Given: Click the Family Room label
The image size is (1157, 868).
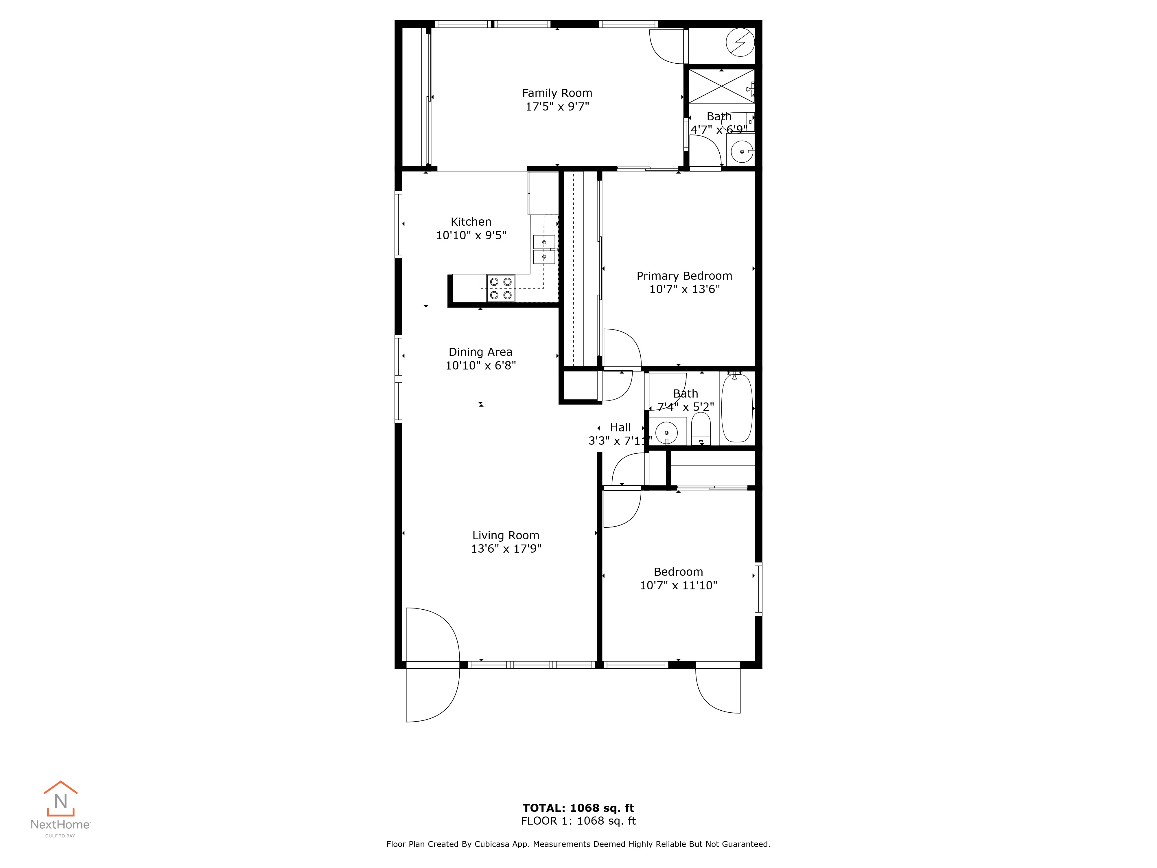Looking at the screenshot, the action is point(557,93).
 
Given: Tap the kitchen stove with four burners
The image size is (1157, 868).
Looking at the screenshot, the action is point(501,288).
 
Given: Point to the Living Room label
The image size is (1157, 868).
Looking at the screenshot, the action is point(506,535).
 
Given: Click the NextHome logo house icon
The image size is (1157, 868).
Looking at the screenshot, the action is point(61,798).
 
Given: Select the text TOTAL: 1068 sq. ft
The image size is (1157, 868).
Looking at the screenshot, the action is point(578,808).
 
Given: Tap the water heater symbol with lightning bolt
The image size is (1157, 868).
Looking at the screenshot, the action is point(740,42).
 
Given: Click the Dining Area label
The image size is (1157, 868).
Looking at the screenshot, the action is point(481,352).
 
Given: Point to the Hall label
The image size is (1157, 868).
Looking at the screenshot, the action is point(620,427).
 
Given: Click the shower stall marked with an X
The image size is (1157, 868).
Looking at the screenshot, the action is point(721,86).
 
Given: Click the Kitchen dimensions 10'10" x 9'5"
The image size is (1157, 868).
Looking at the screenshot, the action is point(471,236).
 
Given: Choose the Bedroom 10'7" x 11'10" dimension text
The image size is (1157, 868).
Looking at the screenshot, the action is point(678,586).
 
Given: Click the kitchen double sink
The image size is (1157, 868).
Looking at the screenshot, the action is point(544,250).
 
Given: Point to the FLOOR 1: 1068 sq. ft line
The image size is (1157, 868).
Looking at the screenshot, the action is point(578,821).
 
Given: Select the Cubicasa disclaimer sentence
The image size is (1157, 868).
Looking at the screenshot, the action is point(578,844).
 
